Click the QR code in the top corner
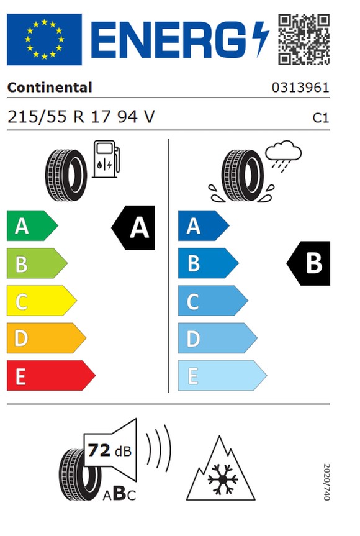click(304, 39)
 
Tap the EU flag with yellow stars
click(45, 39)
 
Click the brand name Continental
click(50, 88)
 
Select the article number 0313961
click(300, 88)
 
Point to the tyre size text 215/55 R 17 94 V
click(81, 117)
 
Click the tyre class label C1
click(321, 118)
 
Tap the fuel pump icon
click(106, 159)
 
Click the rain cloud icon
click(283, 155)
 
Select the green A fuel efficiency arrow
click(32, 225)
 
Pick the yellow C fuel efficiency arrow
click(42, 301)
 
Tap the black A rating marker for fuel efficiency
click(133, 228)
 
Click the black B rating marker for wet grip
click(308, 263)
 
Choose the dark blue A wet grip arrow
click(204, 225)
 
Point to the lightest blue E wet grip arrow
click(222, 375)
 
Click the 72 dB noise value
click(110, 450)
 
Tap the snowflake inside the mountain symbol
click(222, 479)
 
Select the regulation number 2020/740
click(326, 482)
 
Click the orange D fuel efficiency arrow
click(47, 338)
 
